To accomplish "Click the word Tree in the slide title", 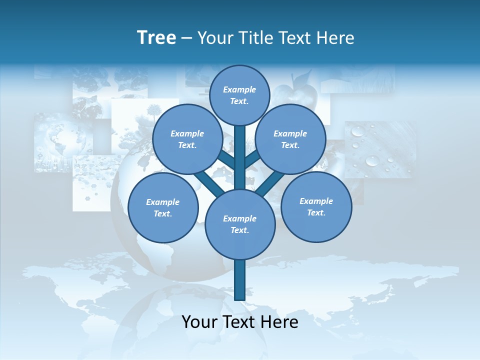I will point(156,38).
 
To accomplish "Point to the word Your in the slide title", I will point(214,38).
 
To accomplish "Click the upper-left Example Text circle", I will point(187,139).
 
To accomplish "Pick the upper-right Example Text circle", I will point(290,139).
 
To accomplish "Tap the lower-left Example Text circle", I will point(162,208).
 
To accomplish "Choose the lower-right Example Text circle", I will point(316,206).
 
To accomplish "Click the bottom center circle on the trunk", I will point(239,224).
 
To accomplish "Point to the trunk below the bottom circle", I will point(239,280).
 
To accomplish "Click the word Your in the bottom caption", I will point(198,322).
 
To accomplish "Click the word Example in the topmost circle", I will point(239,89).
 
